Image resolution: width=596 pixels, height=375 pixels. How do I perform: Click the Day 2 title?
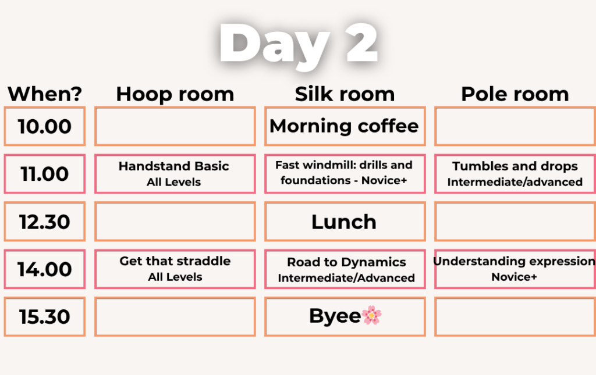point(299,44)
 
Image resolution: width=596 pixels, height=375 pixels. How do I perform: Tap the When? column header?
point(45,94)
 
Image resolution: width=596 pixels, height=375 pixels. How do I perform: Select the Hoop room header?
point(175,94)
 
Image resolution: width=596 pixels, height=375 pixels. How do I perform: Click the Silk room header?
point(345,94)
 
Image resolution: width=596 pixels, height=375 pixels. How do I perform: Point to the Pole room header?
point(515,94)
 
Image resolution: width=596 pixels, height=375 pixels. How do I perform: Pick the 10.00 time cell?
point(44,126)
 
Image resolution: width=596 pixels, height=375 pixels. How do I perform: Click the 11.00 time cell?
point(44,174)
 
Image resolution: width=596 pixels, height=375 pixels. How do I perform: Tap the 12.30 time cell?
point(44,222)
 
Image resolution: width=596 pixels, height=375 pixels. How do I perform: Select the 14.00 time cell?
point(44,269)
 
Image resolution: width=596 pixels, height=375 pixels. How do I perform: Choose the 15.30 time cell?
point(44,316)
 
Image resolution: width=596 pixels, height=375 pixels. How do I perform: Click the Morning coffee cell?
point(345,126)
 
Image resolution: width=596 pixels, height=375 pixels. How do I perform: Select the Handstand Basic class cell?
point(175,174)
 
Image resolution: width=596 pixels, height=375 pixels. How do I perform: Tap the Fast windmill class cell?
point(345,174)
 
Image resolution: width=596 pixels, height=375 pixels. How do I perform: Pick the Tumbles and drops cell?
point(515,174)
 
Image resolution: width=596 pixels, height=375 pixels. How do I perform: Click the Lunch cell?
point(345,222)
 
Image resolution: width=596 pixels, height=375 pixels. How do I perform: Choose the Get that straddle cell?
point(175,269)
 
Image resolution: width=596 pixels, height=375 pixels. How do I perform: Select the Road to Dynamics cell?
point(345,269)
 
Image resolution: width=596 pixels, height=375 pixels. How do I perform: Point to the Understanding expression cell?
point(515,269)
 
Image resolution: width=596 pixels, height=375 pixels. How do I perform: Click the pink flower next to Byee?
point(371,316)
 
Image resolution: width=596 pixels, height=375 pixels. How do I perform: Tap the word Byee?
point(335,316)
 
